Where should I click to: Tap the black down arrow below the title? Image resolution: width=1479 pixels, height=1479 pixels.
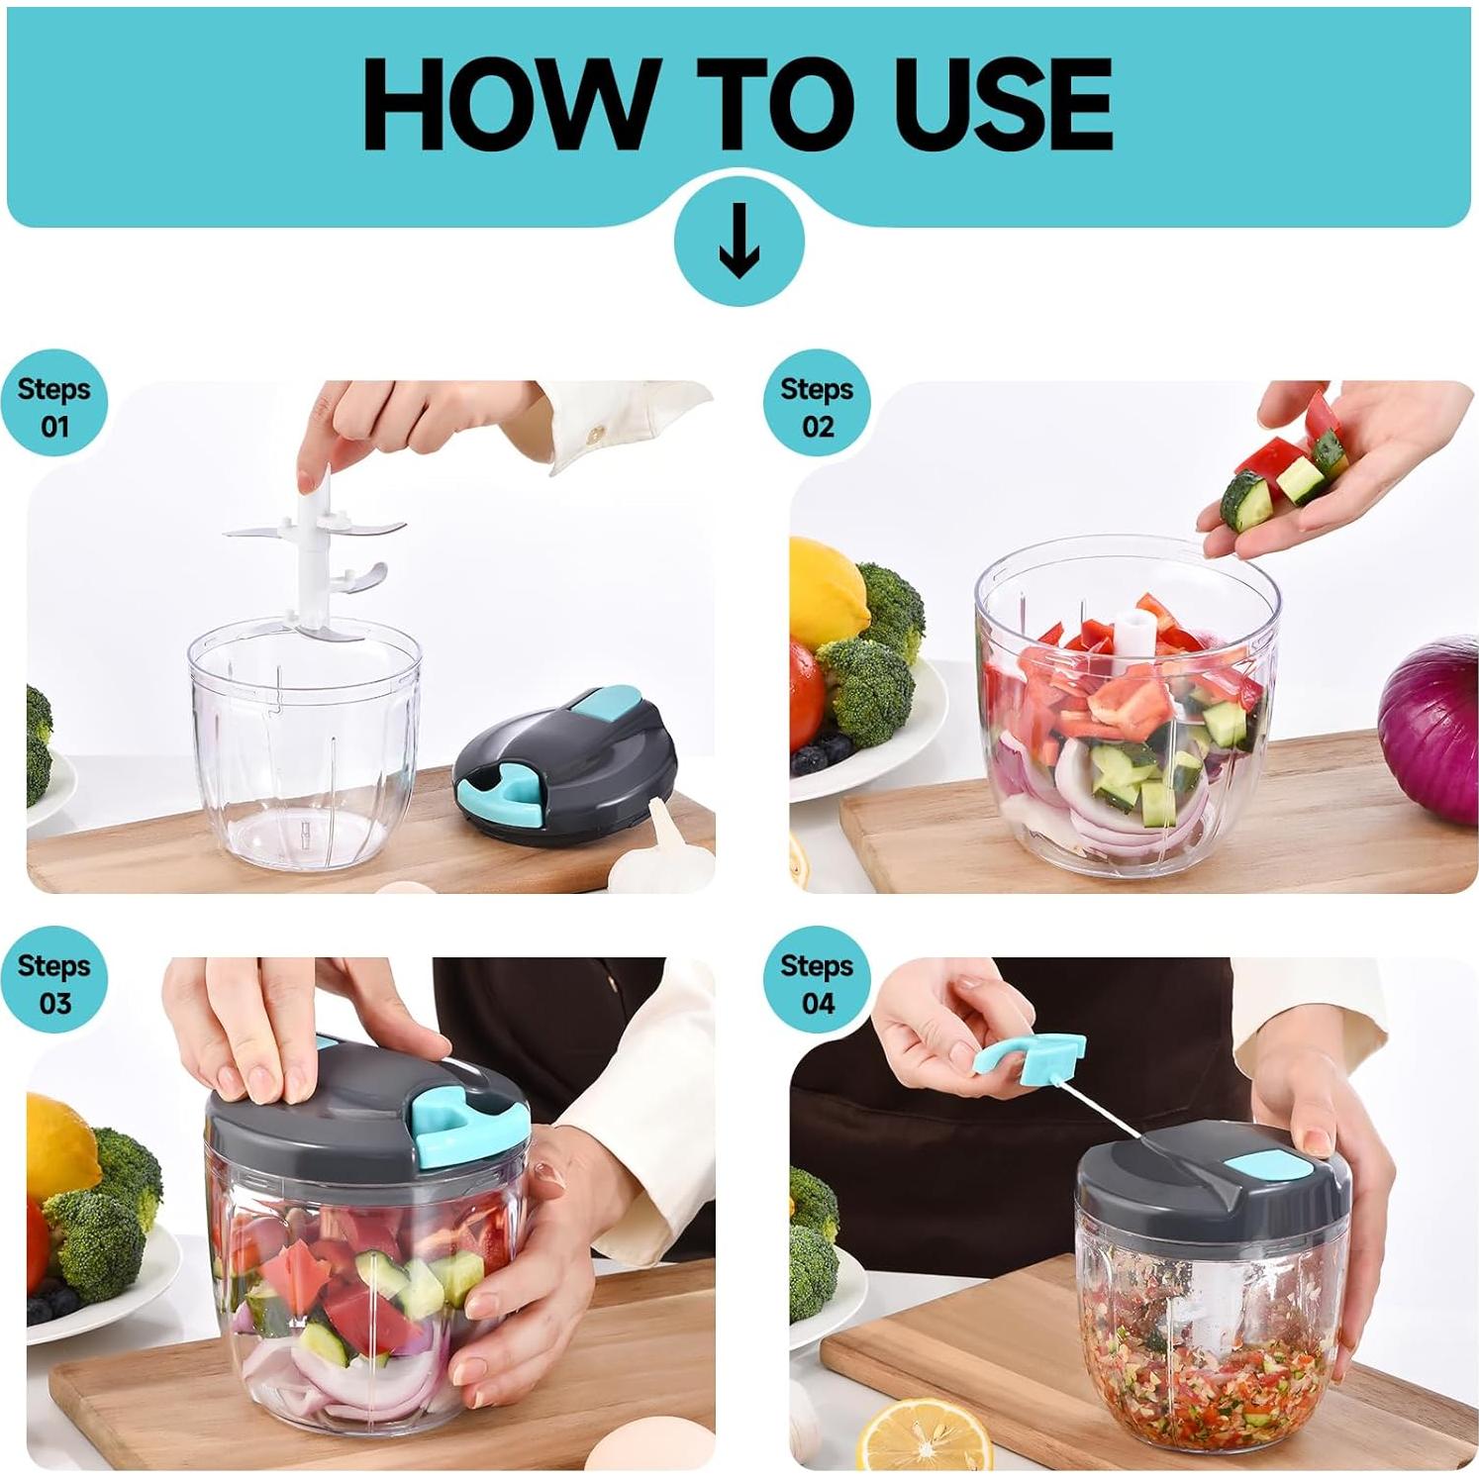(739, 242)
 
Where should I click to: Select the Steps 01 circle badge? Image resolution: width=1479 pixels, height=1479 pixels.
(53, 407)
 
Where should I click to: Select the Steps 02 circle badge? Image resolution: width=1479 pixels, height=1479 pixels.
(817, 407)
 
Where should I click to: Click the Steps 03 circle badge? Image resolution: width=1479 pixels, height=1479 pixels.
(53, 983)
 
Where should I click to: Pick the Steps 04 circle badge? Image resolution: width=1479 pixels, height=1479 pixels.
(817, 983)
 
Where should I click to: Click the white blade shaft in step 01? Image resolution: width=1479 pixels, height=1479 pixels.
(308, 554)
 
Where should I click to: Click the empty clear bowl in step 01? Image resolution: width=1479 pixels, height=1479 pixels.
(304, 752)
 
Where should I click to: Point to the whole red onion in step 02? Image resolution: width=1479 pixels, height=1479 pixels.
(1431, 728)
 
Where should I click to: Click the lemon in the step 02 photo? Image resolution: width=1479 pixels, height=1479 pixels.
(826, 594)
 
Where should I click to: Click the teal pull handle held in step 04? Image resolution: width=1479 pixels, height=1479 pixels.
(1030, 1055)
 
